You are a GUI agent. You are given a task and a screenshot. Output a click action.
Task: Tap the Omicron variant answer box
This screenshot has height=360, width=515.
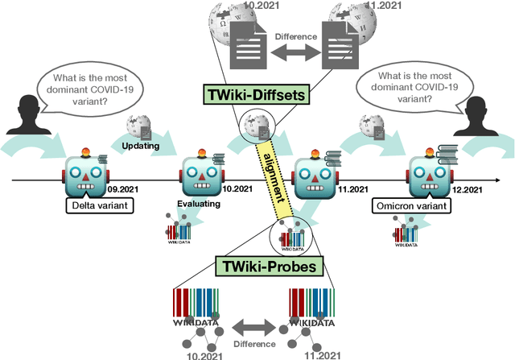pos(410,206)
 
